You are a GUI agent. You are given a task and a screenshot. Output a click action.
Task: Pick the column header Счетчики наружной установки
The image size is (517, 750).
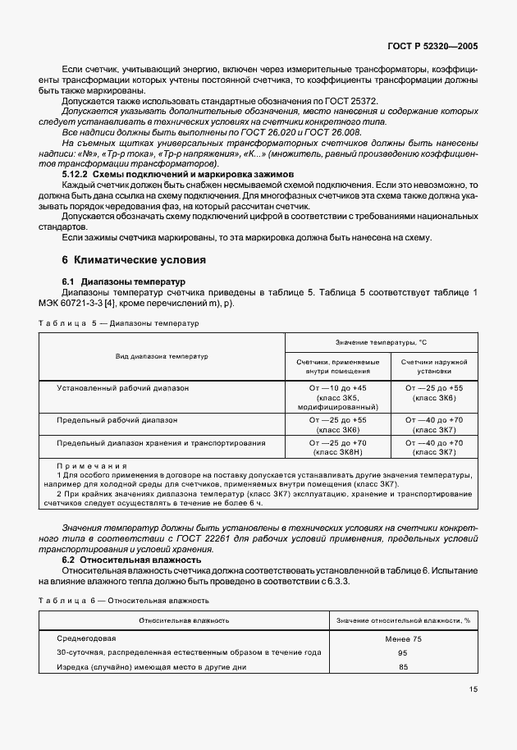tap(434, 365)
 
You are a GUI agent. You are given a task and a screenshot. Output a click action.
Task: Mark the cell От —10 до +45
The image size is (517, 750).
tap(337, 387)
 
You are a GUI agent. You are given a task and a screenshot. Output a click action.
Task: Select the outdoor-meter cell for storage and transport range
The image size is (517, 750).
tap(434, 447)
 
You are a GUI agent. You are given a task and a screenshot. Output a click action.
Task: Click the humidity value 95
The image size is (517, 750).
tap(403, 652)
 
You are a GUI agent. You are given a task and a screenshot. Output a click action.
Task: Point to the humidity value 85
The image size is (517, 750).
tap(403, 666)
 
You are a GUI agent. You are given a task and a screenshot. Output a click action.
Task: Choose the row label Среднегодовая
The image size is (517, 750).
tap(86, 638)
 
